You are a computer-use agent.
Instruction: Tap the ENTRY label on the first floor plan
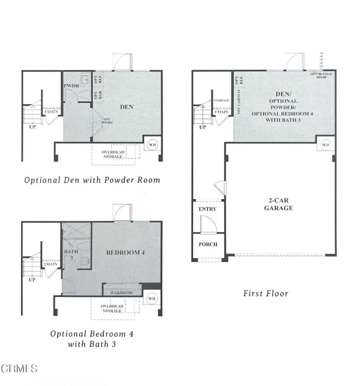(x=207, y=209)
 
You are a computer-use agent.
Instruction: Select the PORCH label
(x=208, y=244)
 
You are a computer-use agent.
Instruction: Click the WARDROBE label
(x=122, y=293)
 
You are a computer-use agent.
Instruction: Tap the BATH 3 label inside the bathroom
(x=68, y=254)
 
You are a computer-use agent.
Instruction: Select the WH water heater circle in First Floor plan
(x=326, y=144)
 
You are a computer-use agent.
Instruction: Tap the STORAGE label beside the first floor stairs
(x=221, y=101)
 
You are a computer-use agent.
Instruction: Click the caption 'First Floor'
(x=266, y=294)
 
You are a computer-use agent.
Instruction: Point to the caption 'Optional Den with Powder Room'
(x=92, y=180)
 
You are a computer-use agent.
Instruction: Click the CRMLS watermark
(x=19, y=368)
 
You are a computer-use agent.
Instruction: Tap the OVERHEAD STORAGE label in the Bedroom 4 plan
(x=112, y=308)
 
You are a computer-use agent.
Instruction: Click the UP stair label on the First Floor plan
(x=203, y=127)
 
